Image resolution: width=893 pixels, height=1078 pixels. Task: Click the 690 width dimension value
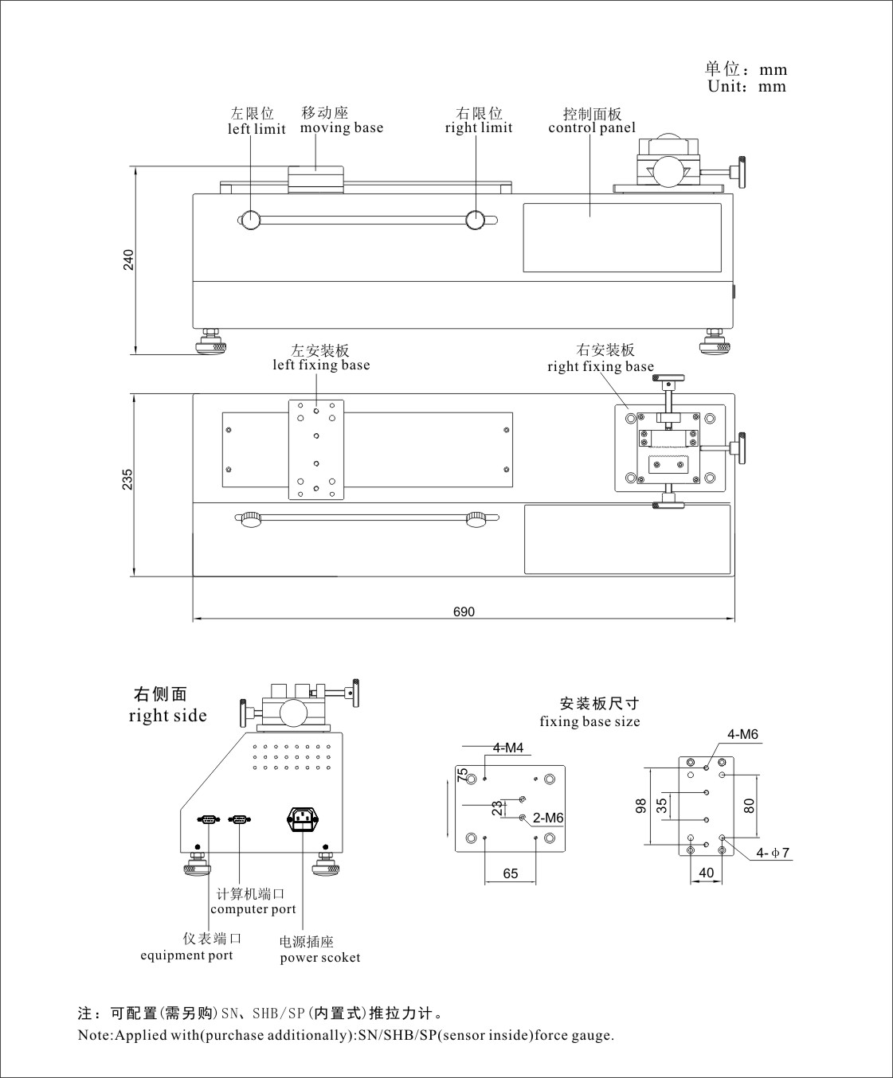tap(464, 611)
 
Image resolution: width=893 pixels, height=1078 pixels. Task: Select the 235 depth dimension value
tap(127, 479)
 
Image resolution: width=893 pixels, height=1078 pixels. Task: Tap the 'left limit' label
tap(257, 129)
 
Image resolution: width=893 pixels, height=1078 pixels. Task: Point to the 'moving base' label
tap(341, 127)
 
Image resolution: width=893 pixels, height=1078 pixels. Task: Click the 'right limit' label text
tap(479, 127)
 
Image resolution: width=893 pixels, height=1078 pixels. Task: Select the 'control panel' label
tap(592, 127)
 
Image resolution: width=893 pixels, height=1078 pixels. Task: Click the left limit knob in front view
tap(251, 220)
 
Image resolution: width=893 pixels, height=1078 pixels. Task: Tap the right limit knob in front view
tap(476, 220)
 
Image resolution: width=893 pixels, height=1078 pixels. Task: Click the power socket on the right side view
tap(302, 820)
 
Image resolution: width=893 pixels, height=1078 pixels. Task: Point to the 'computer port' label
tap(253, 909)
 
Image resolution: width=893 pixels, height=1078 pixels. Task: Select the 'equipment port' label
tap(186, 955)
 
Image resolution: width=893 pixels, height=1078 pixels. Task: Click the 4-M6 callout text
tap(742, 734)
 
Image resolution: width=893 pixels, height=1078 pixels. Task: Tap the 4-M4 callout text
tap(507, 748)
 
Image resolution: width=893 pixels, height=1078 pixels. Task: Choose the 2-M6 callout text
tap(548, 818)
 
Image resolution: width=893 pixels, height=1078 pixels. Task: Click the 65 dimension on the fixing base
tap(511, 873)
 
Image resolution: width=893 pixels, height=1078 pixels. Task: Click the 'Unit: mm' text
tap(746, 87)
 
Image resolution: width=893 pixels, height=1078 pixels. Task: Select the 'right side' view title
tap(167, 716)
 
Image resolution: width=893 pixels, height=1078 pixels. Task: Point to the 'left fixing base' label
tap(321, 365)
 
